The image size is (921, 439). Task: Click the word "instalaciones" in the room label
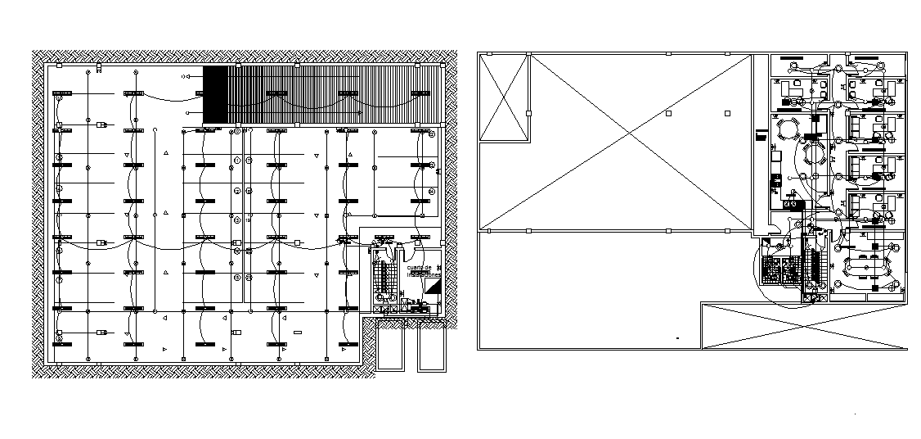[424, 274]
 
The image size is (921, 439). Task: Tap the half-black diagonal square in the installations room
[434, 286]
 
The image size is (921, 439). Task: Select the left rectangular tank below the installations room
[391, 347]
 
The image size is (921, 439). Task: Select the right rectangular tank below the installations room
[430, 347]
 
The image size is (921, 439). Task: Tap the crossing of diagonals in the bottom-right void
[804, 326]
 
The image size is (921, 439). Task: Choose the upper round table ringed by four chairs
[788, 129]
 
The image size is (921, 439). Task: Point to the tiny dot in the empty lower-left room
[677, 337]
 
